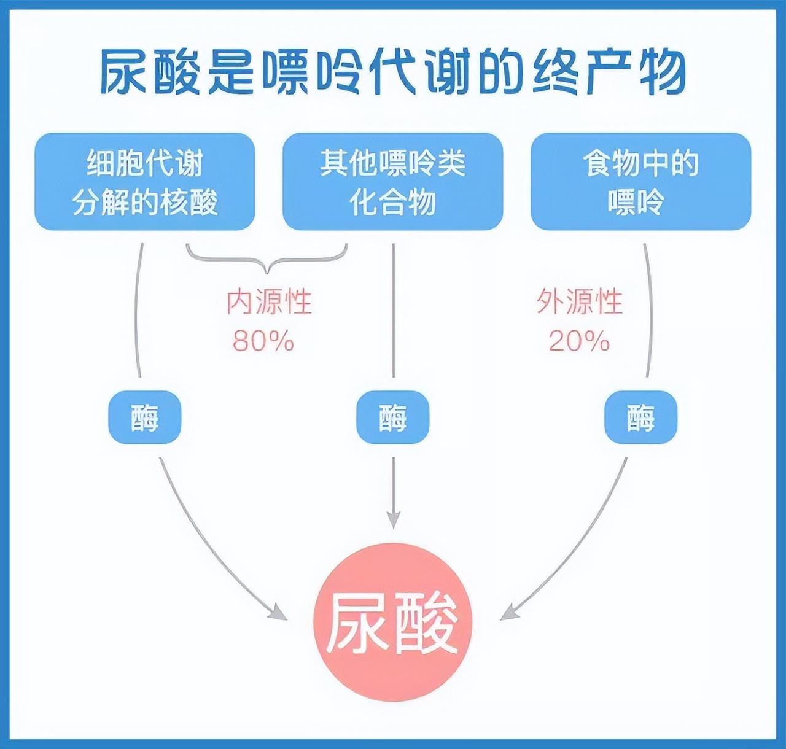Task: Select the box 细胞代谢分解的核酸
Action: tap(145, 182)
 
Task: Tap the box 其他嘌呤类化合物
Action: tap(392, 182)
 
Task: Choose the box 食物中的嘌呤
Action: tap(640, 182)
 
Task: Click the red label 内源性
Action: tap(269, 301)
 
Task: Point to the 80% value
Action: tap(263, 341)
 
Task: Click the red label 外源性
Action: tap(579, 301)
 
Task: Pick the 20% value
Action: tap(579, 341)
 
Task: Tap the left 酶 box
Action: tap(145, 417)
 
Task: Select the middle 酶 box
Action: tap(392, 417)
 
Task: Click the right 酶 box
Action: tap(640, 417)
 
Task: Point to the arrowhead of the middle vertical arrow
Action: tap(393, 519)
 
